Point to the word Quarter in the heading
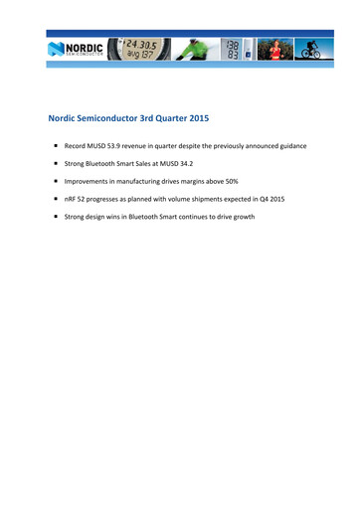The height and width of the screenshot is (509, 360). pos(182,116)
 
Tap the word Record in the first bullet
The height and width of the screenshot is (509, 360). pos(79,146)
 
